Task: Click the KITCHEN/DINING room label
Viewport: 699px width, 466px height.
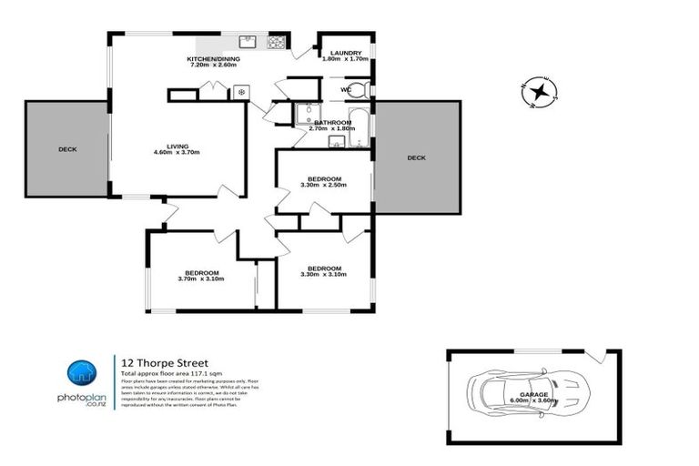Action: [213, 58]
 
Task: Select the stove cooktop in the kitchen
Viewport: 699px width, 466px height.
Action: [276, 42]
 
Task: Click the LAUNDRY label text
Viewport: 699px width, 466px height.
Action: [347, 54]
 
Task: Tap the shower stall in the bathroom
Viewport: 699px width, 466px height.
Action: [304, 113]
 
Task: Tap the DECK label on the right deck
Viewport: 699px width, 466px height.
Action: [416, 157]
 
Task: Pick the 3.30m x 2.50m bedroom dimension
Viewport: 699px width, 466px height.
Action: [324, 186]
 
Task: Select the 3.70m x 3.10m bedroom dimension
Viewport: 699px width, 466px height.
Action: [201, 279]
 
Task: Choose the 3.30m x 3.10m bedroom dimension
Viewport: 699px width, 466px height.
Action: [324, 276]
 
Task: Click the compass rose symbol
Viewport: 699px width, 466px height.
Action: [540, 91]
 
